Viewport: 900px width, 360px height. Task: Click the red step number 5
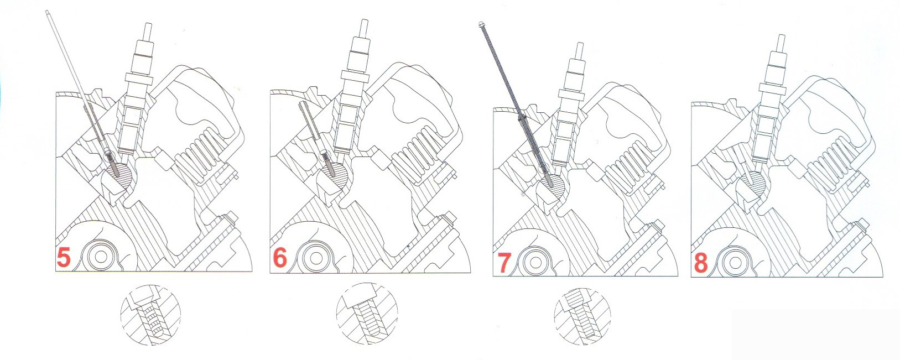64,257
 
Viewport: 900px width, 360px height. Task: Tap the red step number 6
280,258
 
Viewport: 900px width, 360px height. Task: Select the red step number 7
504,262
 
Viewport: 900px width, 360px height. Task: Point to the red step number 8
700,263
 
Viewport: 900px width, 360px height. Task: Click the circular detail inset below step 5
150,315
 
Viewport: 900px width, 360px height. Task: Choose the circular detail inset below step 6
367,314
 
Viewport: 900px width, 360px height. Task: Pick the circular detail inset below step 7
582,316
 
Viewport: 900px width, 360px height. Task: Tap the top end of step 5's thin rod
47,12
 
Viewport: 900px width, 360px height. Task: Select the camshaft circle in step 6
314,257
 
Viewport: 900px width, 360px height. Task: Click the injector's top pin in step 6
365,28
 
